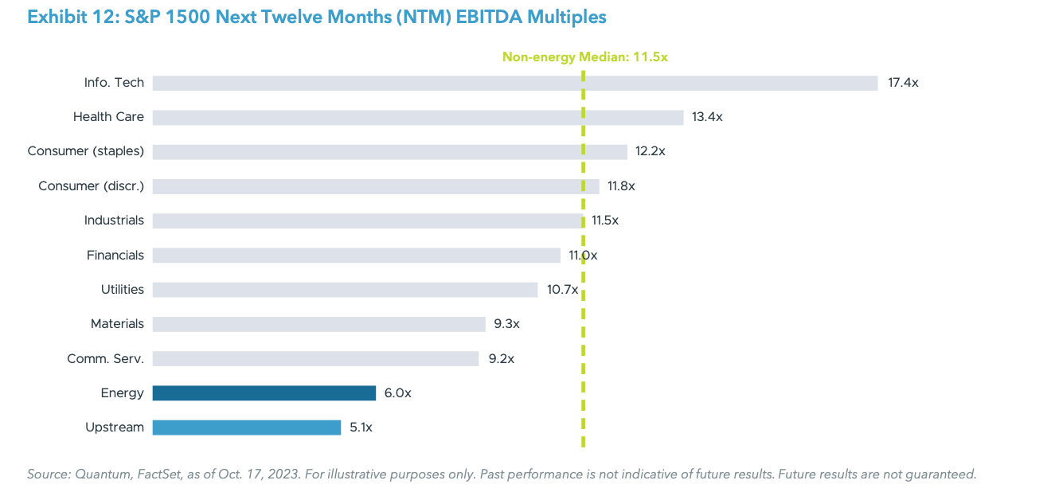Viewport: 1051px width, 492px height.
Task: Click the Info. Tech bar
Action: (514, 83)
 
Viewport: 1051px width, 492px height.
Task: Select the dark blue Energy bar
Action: (264, 392)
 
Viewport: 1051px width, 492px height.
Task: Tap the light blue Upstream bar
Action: (246, 428)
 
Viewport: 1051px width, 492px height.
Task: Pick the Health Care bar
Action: (417, 117)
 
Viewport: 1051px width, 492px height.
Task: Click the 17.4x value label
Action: (903, 83)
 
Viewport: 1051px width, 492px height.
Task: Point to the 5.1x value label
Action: (361, 428)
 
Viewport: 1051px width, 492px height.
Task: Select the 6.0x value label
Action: (398, 392)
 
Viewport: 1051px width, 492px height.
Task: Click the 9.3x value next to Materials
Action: (506, 324)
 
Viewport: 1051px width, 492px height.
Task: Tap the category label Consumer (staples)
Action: (85, 151)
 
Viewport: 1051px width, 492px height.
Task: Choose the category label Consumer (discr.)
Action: (91, 186)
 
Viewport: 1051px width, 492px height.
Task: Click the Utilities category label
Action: (122, 290)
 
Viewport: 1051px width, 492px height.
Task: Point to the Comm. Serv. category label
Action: (105, 358)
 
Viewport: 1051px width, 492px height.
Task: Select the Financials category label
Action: (115, 256)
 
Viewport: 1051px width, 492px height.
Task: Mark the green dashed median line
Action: (583, 414)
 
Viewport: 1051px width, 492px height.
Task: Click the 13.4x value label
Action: (707, 117)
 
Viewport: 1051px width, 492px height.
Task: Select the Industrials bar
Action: (366, 221)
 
